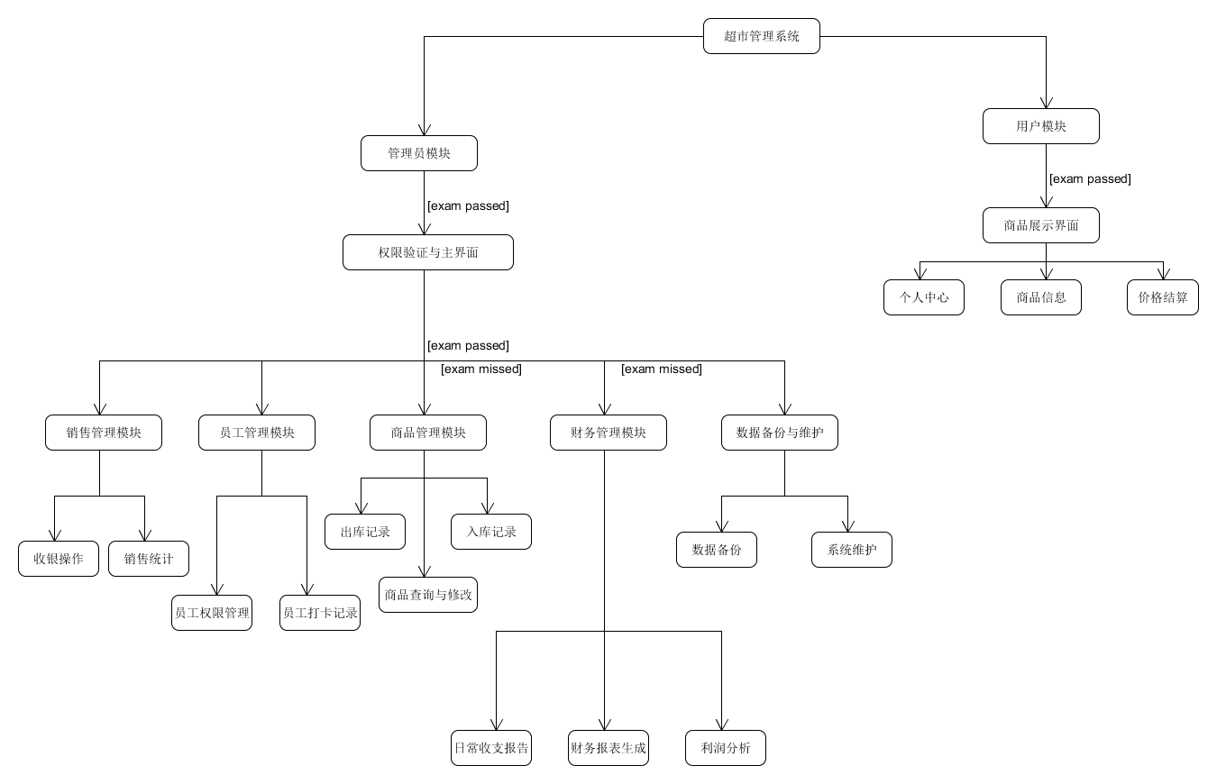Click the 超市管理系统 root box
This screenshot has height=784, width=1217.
(761, 36)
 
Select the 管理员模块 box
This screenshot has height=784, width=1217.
(418, 153)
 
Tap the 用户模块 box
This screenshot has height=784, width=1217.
(1040, 126)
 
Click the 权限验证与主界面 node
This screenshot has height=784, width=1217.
(427, 252)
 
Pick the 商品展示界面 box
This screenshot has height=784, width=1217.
(1040, 225)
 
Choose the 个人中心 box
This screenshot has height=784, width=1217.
(923, 297)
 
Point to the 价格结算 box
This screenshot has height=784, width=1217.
(1162, 297)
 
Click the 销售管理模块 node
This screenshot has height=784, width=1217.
(103, 433)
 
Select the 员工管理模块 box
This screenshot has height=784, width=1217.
(256, 433)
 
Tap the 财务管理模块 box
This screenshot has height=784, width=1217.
(608, 433)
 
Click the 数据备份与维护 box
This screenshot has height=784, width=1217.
(779, 433)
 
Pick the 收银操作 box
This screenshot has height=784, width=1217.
(58, 559)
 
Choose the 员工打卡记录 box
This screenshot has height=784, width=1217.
(319, 613)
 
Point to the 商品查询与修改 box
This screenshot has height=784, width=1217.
(427, 595)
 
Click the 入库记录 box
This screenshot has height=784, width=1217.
(490, 532)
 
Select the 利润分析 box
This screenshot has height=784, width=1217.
(725, 748)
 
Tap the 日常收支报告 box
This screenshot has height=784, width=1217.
(490, 748)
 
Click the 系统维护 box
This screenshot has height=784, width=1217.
(851, 550)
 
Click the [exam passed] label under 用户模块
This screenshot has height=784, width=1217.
(1090, 179)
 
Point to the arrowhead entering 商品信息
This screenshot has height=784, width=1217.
(1046, 274)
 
